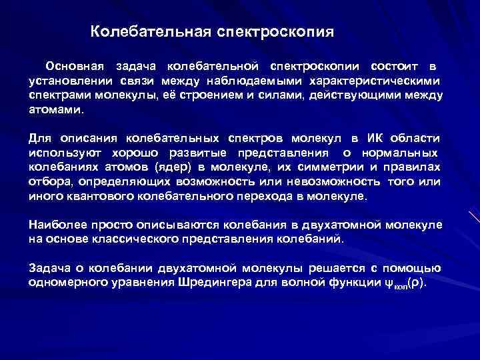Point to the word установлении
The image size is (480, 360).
point(65,81)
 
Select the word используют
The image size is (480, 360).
point(59,152)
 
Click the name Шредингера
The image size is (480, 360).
point(226,282)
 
